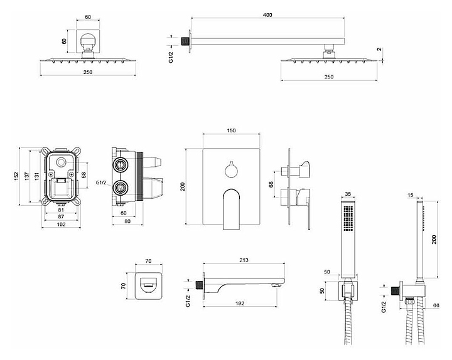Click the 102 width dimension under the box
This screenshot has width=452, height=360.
60,224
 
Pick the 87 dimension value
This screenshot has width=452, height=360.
60,216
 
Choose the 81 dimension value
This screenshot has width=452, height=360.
60,209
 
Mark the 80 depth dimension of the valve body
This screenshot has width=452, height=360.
127,220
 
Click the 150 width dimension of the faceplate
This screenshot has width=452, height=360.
231,130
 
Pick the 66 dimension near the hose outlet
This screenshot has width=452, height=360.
436,306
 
